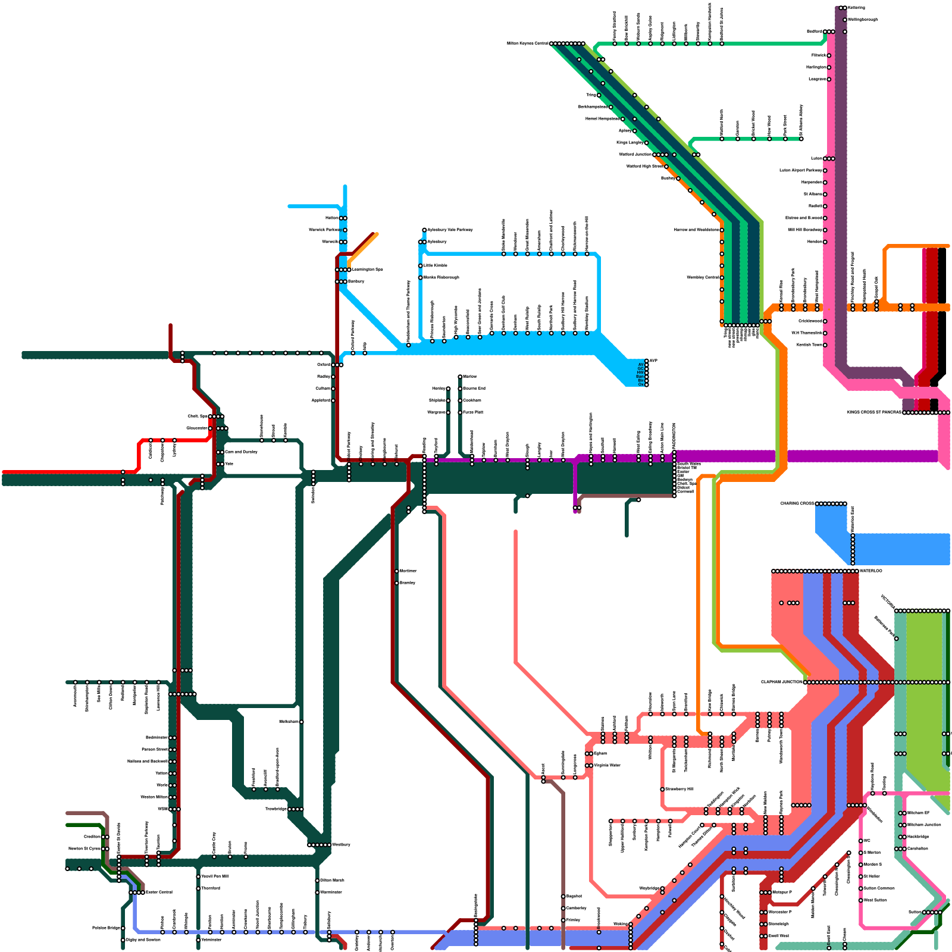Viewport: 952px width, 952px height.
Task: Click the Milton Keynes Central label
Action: [528, 43]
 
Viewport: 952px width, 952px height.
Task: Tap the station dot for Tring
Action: [599, 95]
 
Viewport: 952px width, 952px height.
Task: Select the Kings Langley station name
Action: [630, 143]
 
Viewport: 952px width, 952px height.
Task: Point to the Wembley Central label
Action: [702, 277]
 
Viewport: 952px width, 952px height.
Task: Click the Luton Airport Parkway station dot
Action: [825, 170]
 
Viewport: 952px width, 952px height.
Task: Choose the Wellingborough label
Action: [862, 20]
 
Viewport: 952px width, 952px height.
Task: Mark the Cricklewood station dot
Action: [825, 321]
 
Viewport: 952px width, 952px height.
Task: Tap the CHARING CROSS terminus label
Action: [797, 504]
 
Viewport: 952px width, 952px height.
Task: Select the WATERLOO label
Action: [871, 571]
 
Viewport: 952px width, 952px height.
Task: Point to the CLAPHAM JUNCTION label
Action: [781, 682]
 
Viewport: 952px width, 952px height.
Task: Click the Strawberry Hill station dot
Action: [662, 789]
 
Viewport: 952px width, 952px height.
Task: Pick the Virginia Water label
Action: [607, 765]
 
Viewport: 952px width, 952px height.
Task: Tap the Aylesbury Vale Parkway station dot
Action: [424, 230]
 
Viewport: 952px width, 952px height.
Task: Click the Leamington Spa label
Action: [368, 270]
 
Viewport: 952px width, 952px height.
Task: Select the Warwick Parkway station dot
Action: [345, 230]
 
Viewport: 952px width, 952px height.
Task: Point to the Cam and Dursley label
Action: [241, 452]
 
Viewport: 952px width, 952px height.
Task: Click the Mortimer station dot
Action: [397, 571]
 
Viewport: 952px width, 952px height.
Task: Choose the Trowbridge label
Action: [276, 809]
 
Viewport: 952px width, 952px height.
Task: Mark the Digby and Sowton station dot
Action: [123, 940]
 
